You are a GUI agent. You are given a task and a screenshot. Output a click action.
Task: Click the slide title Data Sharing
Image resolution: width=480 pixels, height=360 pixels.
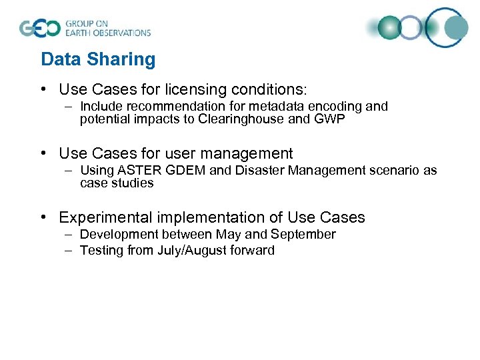[x=98, y=59]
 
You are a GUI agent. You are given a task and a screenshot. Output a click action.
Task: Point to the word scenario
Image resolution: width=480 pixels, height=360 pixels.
[x=391, y=171]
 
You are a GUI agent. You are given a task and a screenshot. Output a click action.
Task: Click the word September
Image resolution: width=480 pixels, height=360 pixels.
[x=307, y=235]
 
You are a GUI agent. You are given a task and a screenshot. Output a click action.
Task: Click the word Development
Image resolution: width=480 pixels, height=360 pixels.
[x=118, y=235]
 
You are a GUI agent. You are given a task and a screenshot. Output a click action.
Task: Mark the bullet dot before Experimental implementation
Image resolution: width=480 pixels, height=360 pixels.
[x=43, y=217]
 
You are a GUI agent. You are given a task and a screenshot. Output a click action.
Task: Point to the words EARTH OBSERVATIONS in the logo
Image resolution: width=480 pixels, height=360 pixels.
[x=108, y=32]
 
